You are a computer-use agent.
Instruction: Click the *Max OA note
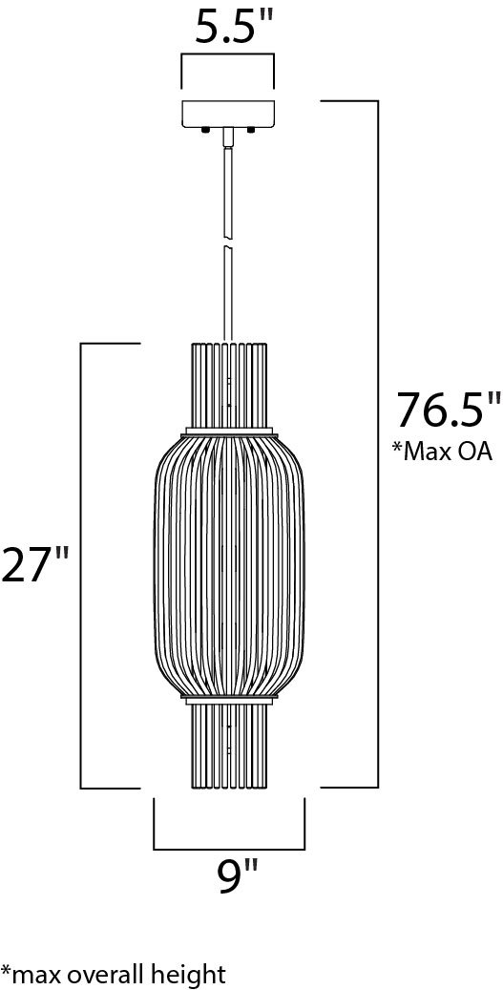coord(442,453)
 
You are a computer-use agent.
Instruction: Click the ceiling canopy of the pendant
coord(228,114)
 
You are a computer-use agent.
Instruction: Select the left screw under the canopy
coord(205,130)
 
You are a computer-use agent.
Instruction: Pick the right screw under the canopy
coord(251,130)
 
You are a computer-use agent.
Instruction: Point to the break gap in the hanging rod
coord(228,243)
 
